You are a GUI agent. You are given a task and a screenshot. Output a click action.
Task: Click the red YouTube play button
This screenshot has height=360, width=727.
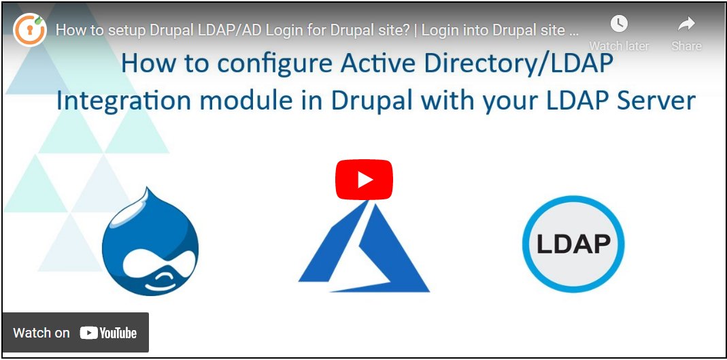(x=364, y=180)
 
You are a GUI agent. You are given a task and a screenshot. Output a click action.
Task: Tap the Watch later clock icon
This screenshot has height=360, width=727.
(x=619, y=23)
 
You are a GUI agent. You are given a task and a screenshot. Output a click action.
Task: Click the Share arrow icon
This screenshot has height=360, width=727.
(x=686, y=24)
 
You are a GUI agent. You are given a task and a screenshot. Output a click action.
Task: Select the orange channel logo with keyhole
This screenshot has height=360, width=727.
(x=30, y=30)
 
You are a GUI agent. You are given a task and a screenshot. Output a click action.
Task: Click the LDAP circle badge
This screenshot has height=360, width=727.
(x=573, y=244)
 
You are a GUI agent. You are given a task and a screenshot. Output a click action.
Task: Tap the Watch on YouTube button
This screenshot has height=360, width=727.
(x=75, y=333)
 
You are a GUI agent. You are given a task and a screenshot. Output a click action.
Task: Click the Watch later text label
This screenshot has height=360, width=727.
(x=619, y=46)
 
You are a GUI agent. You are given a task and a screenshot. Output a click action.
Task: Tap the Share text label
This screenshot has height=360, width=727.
(x=686, y=46)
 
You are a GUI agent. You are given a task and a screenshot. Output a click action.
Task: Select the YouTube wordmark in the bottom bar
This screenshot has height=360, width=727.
(x=109, y=333)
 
